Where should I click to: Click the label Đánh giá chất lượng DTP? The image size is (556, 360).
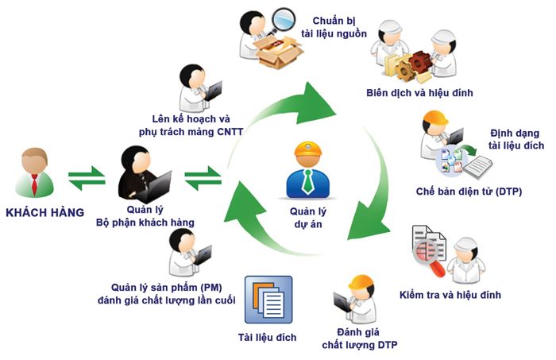[x=358, y=339]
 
